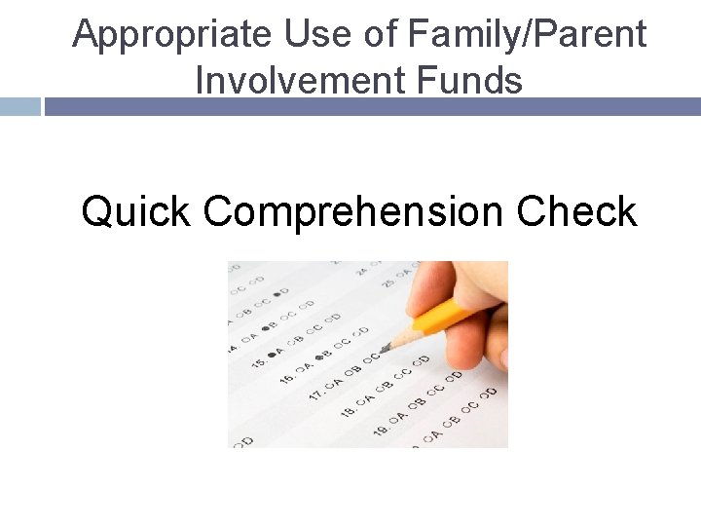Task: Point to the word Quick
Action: click(136, 211)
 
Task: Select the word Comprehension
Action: click(354, 211)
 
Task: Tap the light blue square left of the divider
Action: click(19, 106)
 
